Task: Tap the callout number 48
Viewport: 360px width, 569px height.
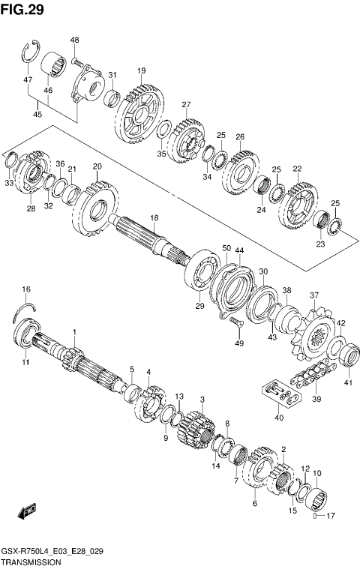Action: coord(75,40)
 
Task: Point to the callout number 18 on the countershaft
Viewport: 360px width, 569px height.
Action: coord(154,218)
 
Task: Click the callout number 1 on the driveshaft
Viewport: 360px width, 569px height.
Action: coord(74,331)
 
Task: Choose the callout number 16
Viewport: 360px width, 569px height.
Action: coord(26,289)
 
